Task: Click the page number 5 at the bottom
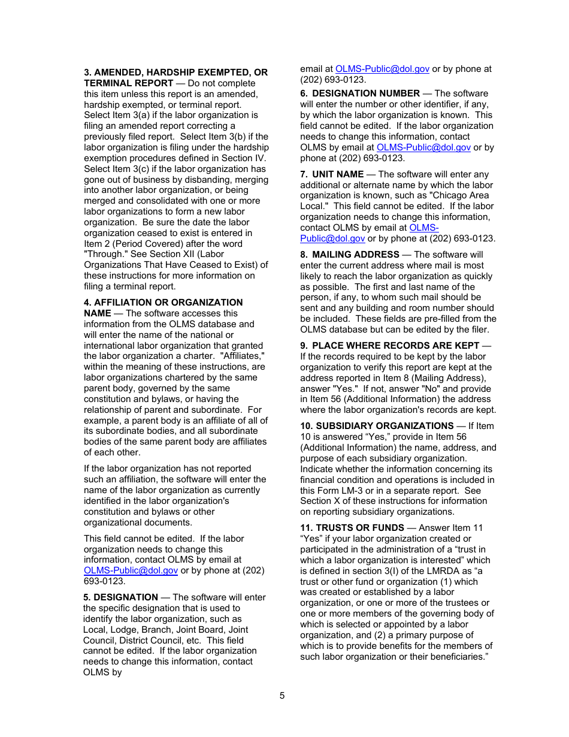[x=282, y=696]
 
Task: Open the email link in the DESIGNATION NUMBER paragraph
[x=423, y=147]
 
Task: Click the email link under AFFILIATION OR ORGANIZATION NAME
[x=131, y=570]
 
